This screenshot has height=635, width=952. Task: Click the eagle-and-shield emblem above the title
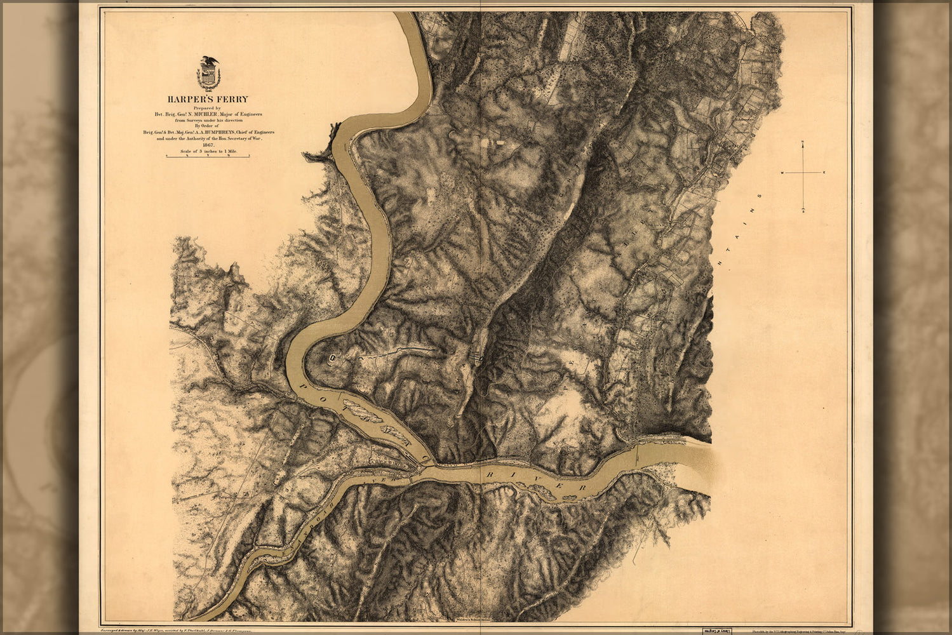point(208,72)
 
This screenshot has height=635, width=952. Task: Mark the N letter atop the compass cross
point(803,147)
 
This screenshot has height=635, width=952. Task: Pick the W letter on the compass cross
point(782,173)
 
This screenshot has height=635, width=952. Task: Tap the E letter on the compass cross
point(824,173)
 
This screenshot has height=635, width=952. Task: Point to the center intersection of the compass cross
point(803,173)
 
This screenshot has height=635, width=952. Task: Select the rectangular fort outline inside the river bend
point(332,358)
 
